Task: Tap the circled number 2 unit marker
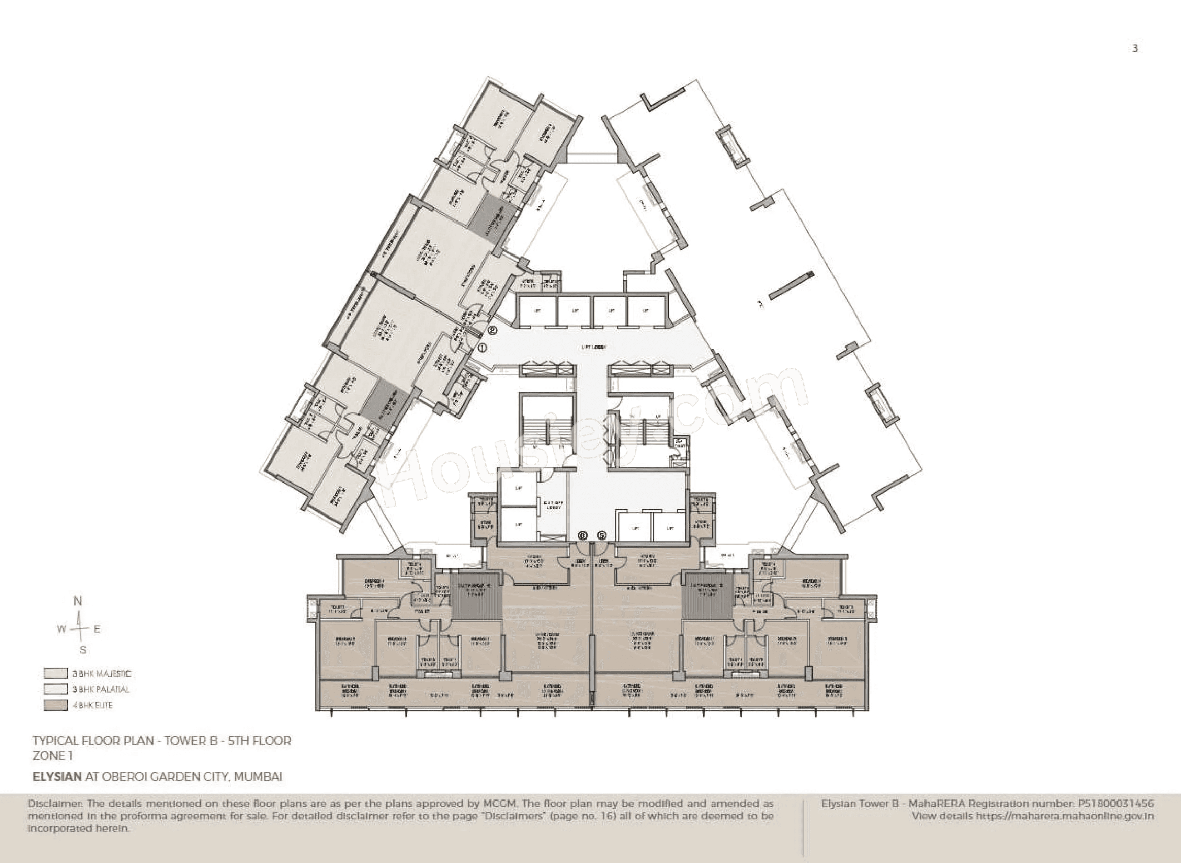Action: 492,330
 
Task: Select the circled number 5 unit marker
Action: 602,536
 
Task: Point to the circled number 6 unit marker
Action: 583,536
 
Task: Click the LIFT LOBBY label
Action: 594,347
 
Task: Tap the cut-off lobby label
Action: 553,505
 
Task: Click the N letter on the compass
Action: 78,601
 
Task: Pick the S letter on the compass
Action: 83,650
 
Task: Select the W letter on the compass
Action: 62,630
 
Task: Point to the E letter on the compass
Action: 97,630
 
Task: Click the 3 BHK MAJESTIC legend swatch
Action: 55,674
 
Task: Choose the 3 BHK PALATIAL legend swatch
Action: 55,689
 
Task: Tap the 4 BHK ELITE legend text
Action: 93,705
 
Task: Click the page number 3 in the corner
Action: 1135,49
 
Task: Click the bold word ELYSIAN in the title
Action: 57,776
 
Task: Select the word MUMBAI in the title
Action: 258,776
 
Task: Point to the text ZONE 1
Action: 52,755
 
